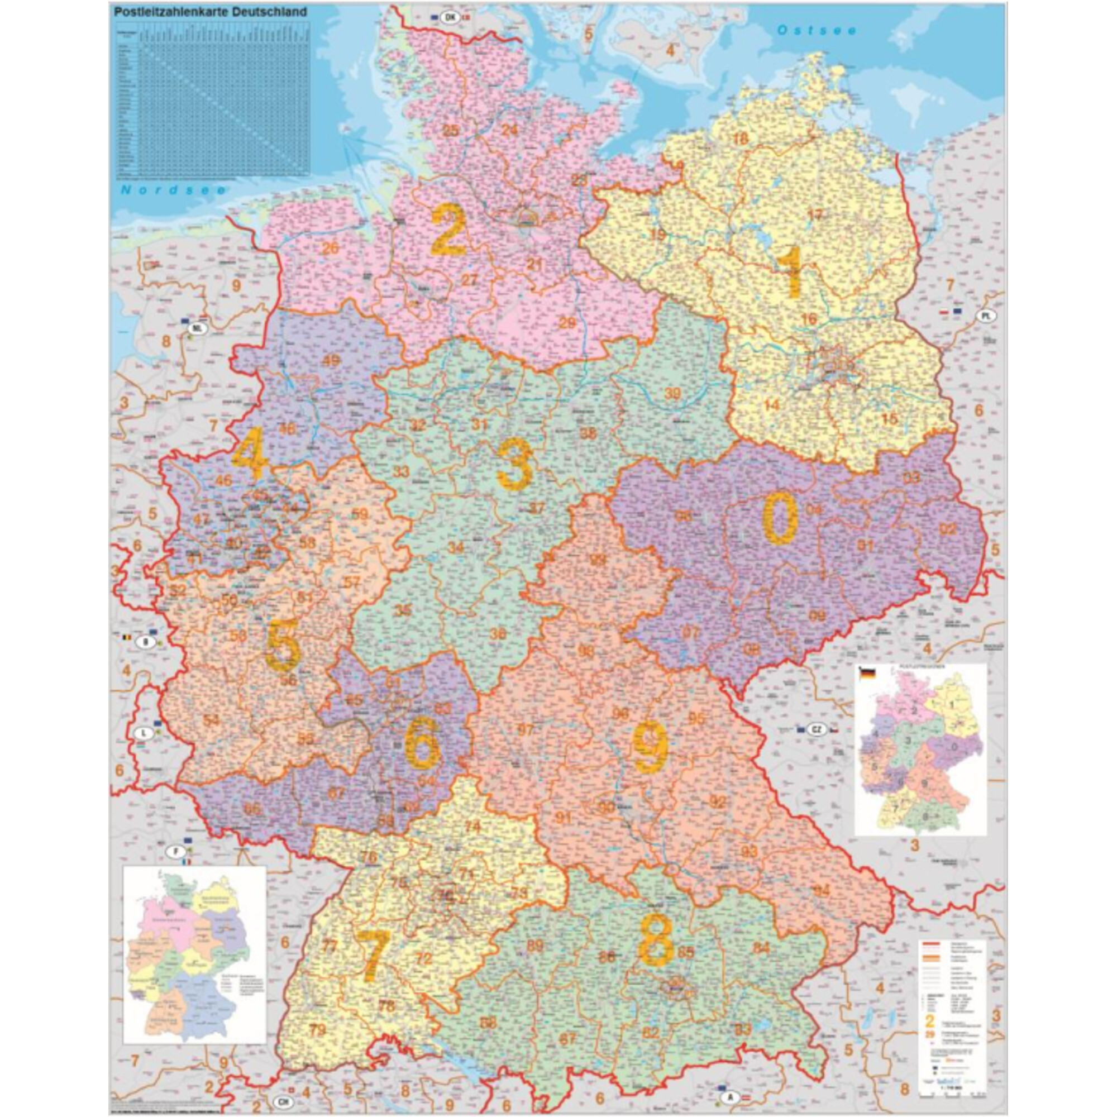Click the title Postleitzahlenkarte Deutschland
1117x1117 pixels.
211,12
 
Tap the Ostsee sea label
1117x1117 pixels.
817,31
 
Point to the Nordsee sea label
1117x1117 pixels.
174,190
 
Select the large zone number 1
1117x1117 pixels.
790,271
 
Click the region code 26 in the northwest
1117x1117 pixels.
330,249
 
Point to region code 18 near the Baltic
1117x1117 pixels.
741,138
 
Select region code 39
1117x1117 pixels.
672,394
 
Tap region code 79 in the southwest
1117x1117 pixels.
317,1030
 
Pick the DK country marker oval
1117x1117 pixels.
450,17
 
